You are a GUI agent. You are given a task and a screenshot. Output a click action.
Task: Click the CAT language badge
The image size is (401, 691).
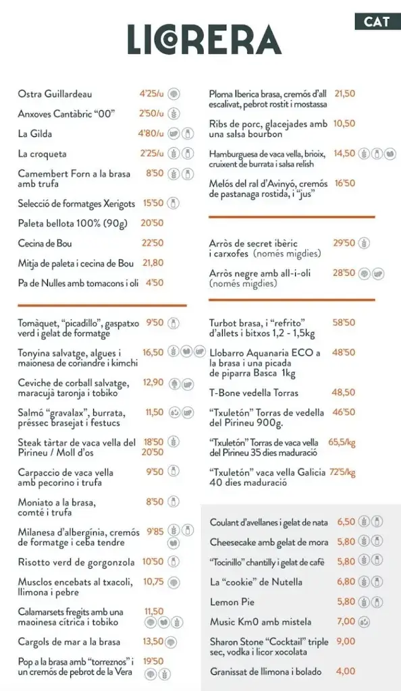point(377,21)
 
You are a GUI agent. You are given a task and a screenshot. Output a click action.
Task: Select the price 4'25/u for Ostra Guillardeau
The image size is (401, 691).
point(152,94)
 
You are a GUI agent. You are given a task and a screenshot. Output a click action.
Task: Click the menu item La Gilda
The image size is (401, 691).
point(35,134)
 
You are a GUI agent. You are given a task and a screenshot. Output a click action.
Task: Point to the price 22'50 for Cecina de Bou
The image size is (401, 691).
point(153,243)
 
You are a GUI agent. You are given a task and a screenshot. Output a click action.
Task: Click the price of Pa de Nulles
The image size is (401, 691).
point(154,283)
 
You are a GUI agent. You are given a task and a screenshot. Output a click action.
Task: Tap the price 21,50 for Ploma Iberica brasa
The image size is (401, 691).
point(344,94)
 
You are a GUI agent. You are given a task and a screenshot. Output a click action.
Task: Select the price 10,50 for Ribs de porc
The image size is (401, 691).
point(344,123)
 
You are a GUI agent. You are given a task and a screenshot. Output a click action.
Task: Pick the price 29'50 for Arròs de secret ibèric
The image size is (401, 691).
point(344,243)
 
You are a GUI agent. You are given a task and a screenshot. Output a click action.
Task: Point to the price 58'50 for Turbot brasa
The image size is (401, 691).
point(344,323)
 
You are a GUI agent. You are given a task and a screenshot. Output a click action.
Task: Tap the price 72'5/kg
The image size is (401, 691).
point(342,472)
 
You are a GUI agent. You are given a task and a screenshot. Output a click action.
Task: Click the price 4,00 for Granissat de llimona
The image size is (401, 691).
point(346,671)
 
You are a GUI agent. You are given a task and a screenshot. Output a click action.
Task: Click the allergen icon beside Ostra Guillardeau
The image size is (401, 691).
point(173,94)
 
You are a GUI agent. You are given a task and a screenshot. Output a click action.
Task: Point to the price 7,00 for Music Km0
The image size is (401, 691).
point(346,621)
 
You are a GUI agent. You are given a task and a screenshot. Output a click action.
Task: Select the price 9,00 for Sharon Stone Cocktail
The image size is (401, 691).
point(346,642)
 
